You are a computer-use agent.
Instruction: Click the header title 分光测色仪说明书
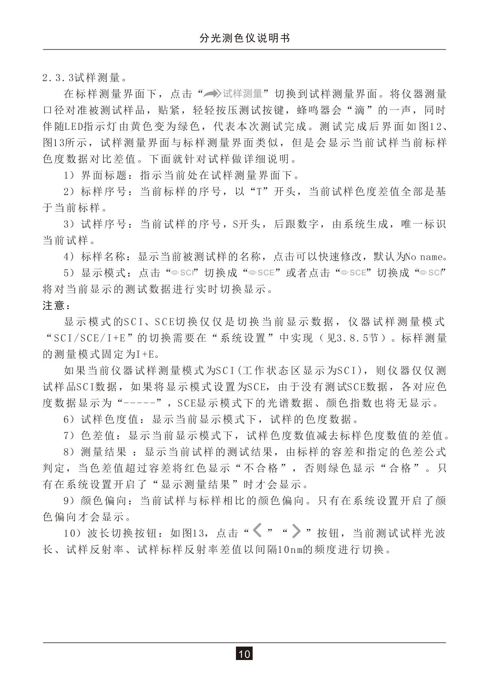pyautogui.click(x=244, y=38)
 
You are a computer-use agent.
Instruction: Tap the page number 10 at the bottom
pyautogui.click(x=244, y=654)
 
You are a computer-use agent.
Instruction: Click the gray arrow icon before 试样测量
pyautogui.click(x=212, y=94)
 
